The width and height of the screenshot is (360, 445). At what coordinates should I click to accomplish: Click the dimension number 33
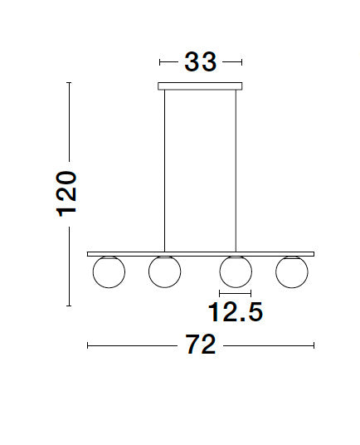coord(201,62)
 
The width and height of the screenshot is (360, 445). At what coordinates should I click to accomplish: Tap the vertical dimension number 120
coord(66,194)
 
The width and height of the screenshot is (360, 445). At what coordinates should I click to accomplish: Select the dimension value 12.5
coord(236,312)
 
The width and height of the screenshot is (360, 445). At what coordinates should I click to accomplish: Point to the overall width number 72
coord(201,345)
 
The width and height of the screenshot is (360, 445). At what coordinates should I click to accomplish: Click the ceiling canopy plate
coord(200,86)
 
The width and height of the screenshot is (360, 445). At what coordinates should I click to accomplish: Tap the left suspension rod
coord(164,171)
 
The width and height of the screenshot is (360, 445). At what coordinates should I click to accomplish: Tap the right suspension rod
coord(236,171)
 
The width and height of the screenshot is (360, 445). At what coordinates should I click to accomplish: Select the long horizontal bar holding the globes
coord(201,254)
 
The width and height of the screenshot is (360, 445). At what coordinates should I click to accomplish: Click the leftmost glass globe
coord(109,287)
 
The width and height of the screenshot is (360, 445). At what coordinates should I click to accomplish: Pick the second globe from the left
coord(165,287)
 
